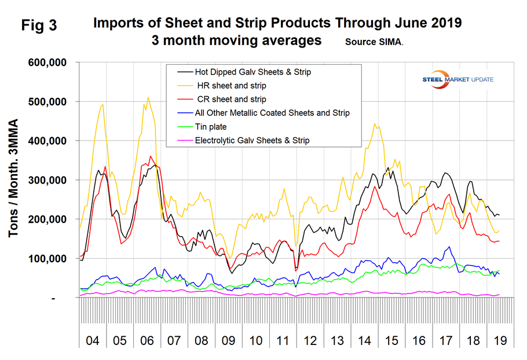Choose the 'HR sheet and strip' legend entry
[x=232, y=86]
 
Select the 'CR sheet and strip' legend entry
[x=232, y=99]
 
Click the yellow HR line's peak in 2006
[x=148, y=98]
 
